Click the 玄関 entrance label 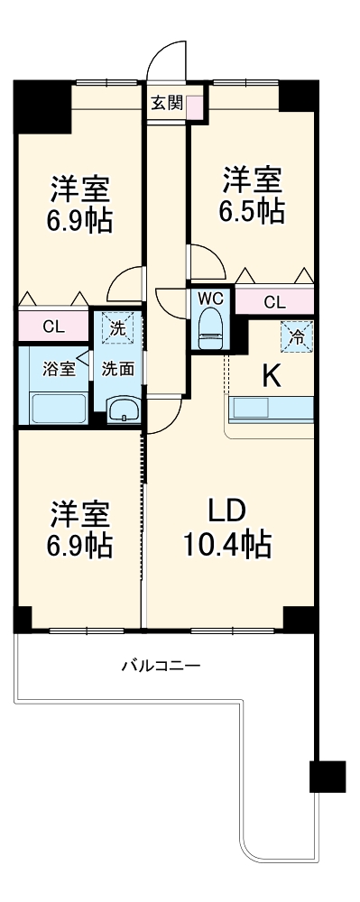point(166,102)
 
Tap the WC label point(211,298)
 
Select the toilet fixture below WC point(211,326)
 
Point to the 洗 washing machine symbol point(116,328)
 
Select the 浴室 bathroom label point(53,368)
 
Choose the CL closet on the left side point(53,327)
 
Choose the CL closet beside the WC point(274,302)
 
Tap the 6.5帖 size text point(254,211)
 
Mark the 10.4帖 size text point(228,544)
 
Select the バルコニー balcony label point(162,667)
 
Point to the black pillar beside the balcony point(327,778)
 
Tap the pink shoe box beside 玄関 point(195,104)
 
